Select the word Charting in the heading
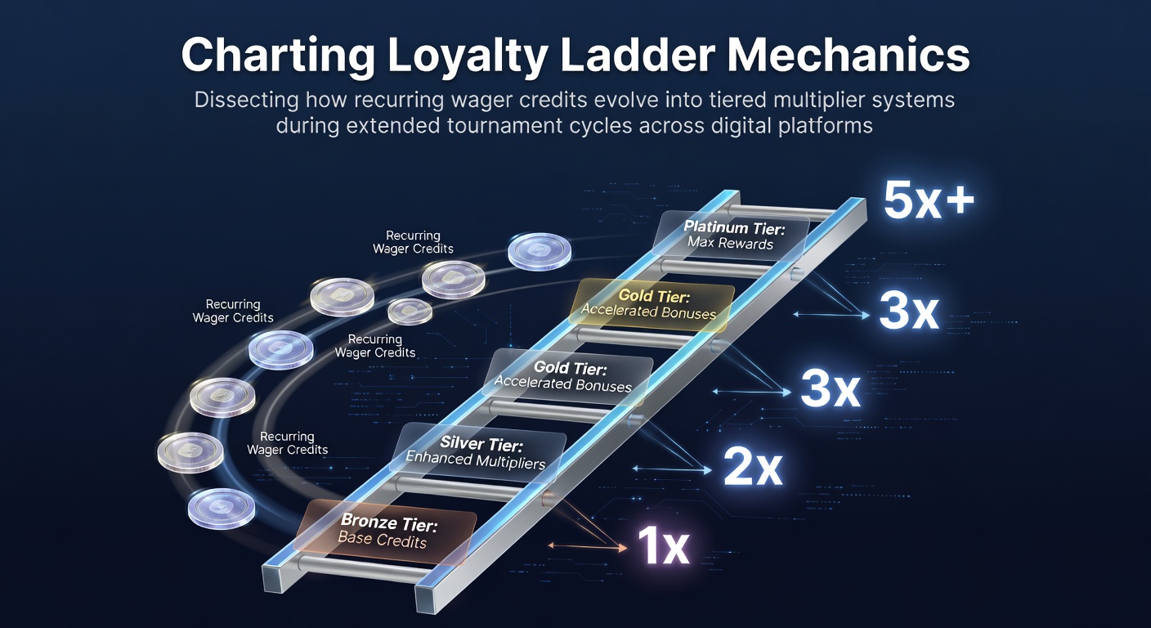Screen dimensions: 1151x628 278,56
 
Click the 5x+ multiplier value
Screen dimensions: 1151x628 929,200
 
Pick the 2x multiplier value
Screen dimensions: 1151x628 753,467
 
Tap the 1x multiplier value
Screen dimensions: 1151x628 663,545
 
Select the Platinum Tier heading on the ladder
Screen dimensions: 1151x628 734,227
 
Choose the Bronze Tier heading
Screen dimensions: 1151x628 389,523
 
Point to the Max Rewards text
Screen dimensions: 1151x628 730,243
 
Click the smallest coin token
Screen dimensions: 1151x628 410,311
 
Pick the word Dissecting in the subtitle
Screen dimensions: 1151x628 247,99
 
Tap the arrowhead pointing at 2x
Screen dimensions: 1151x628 708,469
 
